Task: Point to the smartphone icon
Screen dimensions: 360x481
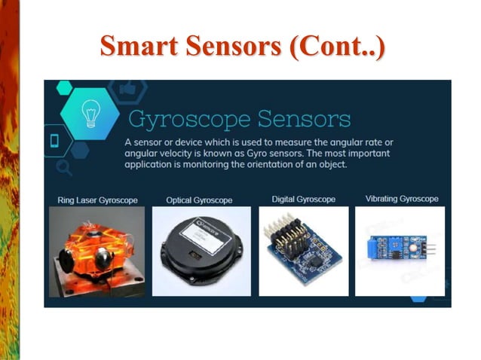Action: click(55, 140)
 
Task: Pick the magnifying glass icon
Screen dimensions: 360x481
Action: click(63, 168)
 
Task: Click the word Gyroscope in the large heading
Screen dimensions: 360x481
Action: click(188, 119)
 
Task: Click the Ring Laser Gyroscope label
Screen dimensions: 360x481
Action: click(96, 200)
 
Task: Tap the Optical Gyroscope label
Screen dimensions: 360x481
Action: click(199, 200)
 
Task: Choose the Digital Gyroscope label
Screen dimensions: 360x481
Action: click(303, 200)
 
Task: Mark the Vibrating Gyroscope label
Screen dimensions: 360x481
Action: click(401, 200)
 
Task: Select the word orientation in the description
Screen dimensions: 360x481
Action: click(262, 163)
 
